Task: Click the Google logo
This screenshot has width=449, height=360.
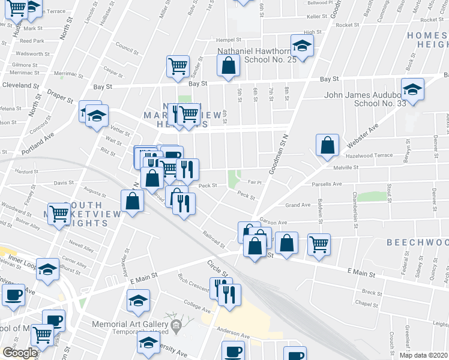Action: coord(19,353)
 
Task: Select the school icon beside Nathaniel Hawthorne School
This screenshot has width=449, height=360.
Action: coord(302,46)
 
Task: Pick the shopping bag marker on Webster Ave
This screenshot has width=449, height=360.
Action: coord(327,145)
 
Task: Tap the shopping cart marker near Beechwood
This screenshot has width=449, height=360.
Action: coord(319,242)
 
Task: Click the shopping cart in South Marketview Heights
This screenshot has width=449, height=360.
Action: coord(59,213)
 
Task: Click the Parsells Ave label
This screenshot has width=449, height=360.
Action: coord(328,184)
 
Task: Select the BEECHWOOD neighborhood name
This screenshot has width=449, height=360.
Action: coord(417,242)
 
